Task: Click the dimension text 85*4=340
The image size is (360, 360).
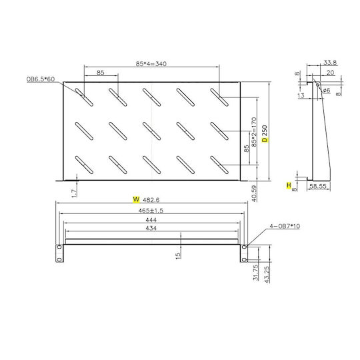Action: (x=151, y=63)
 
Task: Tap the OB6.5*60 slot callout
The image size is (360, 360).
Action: (x=41, y=79)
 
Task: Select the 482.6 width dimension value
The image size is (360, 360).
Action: (x=151, y=200)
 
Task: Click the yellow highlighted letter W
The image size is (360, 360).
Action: (x=136, y=199)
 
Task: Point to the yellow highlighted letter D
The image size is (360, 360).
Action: (x=265, y=139)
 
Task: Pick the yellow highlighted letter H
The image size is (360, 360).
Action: (x=289, y=185)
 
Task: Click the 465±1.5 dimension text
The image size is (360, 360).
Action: (x=151, y=211)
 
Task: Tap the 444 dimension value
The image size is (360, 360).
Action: (x=151, y=220)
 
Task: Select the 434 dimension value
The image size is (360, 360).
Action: (x=151, y=228)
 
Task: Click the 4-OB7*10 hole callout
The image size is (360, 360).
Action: (x=285, y=226)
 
